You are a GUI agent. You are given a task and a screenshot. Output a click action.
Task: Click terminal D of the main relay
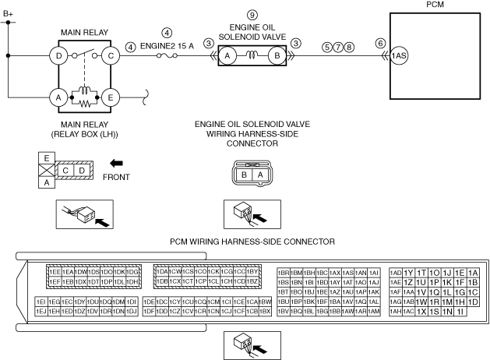coord(58,55)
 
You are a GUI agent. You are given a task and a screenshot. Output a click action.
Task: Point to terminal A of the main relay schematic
coord(58,97)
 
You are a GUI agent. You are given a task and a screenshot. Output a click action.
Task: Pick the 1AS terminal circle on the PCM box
coord(400,56)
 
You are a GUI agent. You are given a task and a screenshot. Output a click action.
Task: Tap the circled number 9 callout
coord(251,15)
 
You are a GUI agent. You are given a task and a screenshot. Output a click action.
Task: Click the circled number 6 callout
coord(380,44)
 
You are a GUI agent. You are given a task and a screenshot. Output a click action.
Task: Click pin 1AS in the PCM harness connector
coord(349,271)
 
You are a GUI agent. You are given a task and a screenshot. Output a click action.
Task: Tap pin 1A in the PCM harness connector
coord(472,272)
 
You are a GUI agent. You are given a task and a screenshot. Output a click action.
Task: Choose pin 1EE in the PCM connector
coord(55,271)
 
